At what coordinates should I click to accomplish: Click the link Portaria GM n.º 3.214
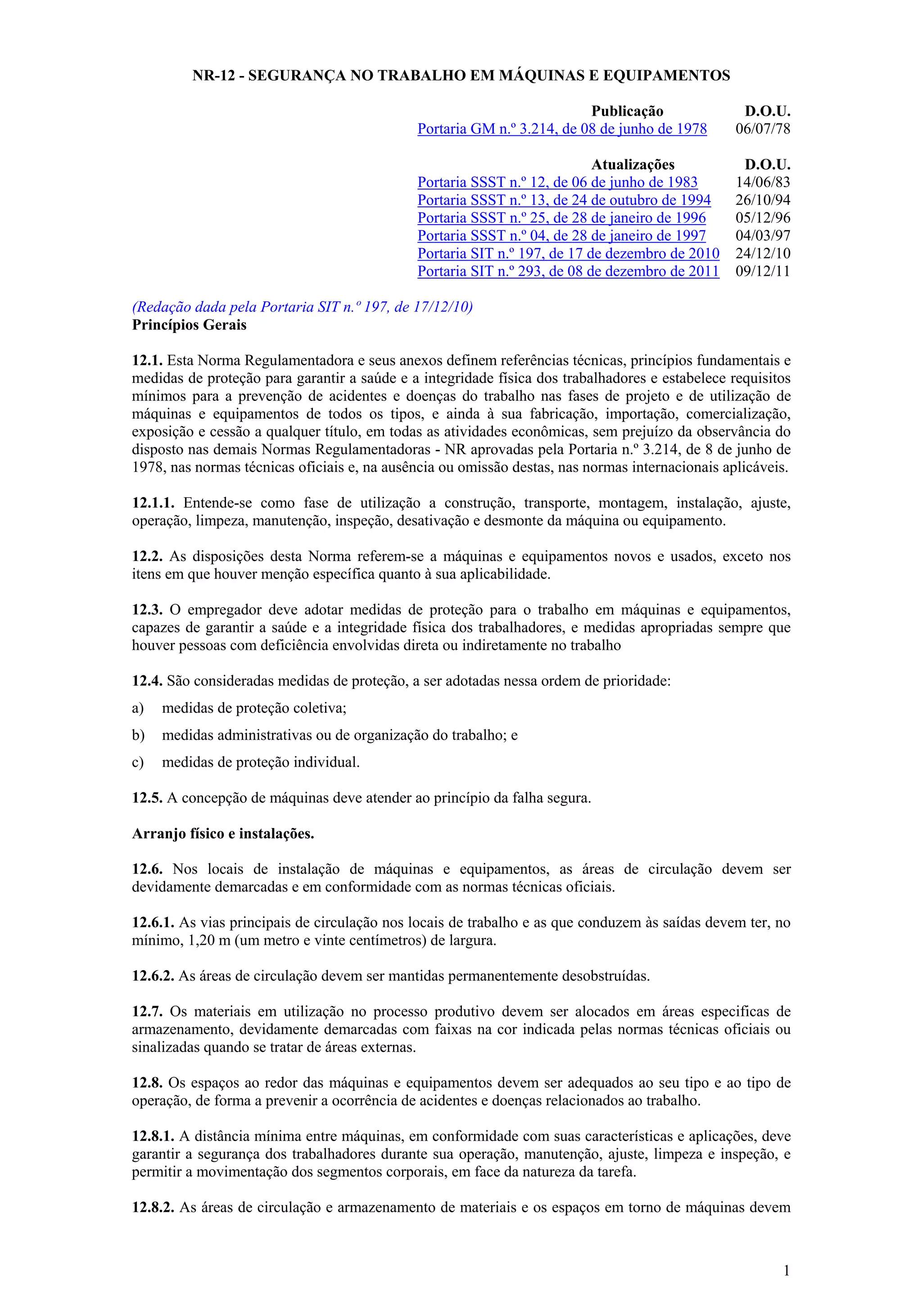(x=562, y=129)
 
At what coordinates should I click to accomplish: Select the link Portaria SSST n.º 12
(x=557, y=182)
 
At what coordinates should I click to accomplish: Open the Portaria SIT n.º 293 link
(x=568, y=271)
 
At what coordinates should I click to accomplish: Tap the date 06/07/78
(x=762, y=129)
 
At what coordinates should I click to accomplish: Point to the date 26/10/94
(x=762, y=200)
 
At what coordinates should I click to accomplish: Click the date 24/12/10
(x=762, y=253)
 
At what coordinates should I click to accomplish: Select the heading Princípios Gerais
(x=189, y=325)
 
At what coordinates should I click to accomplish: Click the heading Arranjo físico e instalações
(x=223, y=834)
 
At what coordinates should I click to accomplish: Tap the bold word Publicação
(x=627, y=111)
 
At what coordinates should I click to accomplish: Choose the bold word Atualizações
(x=633, y=165)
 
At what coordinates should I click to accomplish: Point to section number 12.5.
(x=147, y=798)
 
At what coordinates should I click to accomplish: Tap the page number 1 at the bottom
(x=786, y=1271)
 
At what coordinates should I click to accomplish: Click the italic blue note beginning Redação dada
(x=302, y=307)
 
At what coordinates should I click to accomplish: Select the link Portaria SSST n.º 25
(x=561, y=218)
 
